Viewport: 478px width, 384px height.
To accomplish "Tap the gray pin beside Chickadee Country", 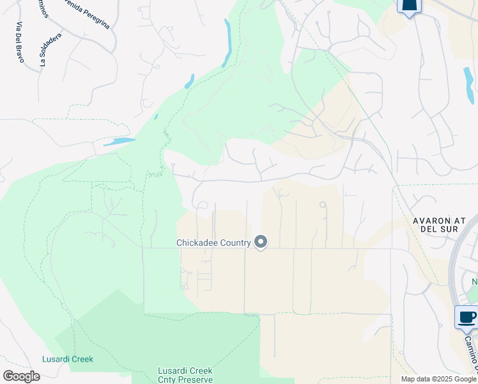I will (261, 242).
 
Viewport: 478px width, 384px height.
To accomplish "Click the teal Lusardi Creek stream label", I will (68, 359).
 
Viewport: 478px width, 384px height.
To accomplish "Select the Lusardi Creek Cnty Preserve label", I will (185, 375).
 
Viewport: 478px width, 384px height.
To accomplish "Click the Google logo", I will (21, 376).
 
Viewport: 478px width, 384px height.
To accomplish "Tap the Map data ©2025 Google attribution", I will (438, 379).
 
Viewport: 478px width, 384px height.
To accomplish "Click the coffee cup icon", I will (466, 316).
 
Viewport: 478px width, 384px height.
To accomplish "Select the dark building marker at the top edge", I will (409, 6).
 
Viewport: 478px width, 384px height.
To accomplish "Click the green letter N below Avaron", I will (474, 282).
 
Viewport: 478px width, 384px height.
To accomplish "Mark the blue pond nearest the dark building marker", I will (468, 86).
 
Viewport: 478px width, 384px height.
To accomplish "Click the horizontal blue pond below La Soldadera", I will (119, 141).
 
